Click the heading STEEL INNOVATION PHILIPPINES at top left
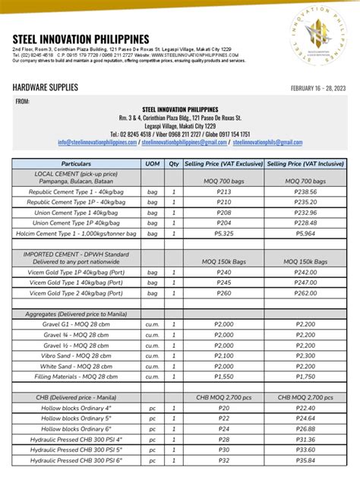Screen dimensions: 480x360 pyautogui.click(x=81, y=39)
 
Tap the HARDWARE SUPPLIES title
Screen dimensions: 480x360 pyautogui.click(x=45, y=87)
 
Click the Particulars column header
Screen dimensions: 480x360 pyautogui.click(x=76, y=163)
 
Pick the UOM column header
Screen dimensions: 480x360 pyautogui.click(x=152, y=163)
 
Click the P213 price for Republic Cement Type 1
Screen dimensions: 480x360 pyautogui.click(x=224, y=192)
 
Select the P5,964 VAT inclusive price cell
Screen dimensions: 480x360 pyautogui.click(x=305, y=234)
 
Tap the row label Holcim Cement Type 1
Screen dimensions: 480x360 pyautogui.click(x=76, y=234)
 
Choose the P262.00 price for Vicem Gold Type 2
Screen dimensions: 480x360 pyautogui.click(x=305, y=293)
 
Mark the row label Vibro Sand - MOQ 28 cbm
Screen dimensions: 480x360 pyautogui.click(x=76, y=355)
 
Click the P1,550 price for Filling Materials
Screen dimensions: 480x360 pyautogui.click(x=224, y=376)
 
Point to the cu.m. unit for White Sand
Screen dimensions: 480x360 pyautogui.click(x=152, y=366)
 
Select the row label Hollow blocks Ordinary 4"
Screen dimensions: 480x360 pyautogui.click(x=76, y=408)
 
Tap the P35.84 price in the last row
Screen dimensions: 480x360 pyautogui.click(x=305, y=459)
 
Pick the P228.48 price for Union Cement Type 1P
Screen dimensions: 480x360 pyautogui.click(x=305, y=223)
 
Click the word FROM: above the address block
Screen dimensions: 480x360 pyautogui.click(x=24, y=101)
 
